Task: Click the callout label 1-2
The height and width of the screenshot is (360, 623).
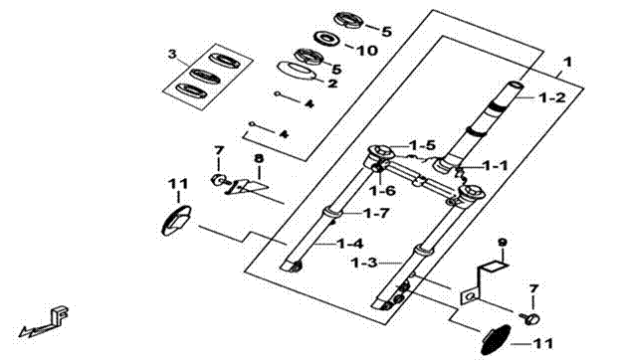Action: pos(552,97)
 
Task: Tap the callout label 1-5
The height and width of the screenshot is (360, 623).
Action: pos(423,145)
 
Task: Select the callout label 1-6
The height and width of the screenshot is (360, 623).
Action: pos(382,191)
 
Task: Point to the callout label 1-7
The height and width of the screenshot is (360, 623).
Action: pos(376,214)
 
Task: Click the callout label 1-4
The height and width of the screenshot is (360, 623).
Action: pos(350,244)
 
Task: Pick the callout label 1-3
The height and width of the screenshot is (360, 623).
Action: pos(364,263)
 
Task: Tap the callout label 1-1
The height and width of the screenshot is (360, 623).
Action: pos(495,165)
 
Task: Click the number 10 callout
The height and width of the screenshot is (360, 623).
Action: pos(366,51)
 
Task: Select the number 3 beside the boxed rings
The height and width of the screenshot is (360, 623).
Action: pos(172,55)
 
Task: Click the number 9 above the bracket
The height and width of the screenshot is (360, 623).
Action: pos(503,242)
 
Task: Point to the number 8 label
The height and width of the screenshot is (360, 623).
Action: pos(259,158)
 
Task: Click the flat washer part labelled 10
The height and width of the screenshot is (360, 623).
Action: pos(328,39)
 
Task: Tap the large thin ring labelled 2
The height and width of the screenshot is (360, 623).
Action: pos(296,72)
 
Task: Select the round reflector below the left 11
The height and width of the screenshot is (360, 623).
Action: pos(176,221)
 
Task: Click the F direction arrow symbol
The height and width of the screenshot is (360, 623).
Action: pos(45,321)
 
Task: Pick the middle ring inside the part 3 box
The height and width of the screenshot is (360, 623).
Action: pos(205,76)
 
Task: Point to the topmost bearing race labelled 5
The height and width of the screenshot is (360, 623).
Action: pos(348,20)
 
